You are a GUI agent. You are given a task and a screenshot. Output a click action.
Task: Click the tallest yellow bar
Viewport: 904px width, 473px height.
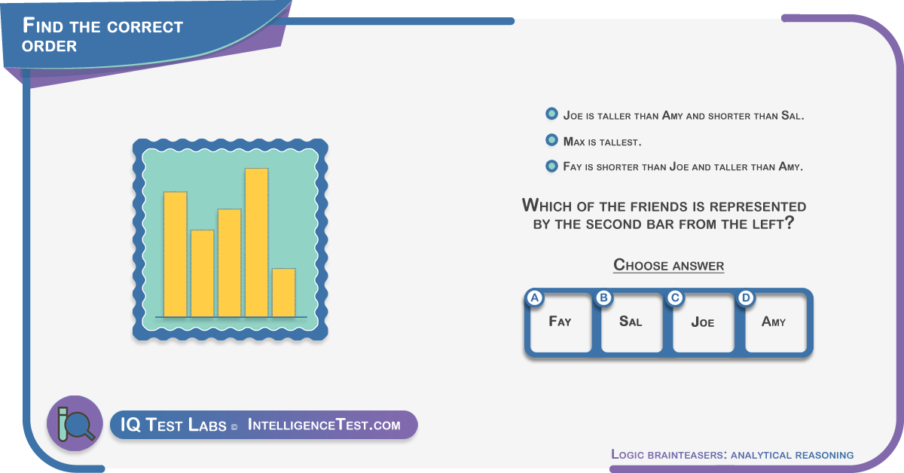256,243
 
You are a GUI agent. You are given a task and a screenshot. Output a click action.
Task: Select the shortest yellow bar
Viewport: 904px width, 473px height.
283,292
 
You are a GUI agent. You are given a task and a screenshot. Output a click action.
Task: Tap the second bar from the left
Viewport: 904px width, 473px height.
202,273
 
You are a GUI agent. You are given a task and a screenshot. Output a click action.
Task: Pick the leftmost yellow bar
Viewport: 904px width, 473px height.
175,255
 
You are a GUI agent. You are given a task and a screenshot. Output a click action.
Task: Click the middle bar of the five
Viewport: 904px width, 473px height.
229,263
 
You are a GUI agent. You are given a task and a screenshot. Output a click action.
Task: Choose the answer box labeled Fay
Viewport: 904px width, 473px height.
560,322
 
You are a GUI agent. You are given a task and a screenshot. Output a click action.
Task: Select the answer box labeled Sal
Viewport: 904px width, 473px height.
631,322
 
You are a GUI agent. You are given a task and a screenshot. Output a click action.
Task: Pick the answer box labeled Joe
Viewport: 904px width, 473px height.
703,322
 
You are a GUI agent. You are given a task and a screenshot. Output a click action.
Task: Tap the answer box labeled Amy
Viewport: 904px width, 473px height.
775,322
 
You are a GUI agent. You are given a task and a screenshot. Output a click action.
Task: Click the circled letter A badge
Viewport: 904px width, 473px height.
535,298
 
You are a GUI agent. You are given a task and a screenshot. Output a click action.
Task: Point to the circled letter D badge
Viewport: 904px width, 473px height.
746,298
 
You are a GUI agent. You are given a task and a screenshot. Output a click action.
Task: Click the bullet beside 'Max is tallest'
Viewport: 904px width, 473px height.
551,140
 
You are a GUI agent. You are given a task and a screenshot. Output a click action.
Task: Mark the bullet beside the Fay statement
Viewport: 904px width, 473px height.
551,166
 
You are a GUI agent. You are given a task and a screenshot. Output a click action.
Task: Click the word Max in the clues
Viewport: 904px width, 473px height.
574,142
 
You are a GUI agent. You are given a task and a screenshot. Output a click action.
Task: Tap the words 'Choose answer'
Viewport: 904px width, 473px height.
669,265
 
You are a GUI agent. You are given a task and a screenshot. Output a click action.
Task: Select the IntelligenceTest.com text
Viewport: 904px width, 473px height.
324,425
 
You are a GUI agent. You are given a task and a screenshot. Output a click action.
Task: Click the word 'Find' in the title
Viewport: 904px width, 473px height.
43,26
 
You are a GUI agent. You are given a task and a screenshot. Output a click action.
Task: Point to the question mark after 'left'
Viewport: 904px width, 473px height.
789,222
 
